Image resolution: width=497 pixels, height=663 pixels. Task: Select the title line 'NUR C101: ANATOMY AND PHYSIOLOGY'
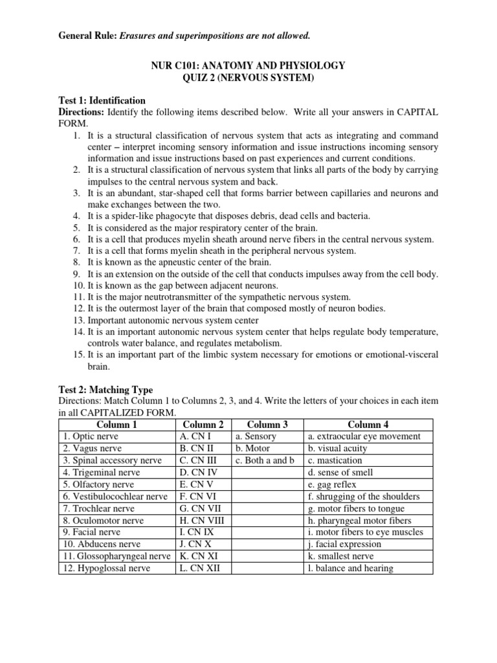(x=248, y=66)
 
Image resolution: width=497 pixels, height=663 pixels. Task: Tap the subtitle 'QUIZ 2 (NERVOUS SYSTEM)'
(x=248, y=78)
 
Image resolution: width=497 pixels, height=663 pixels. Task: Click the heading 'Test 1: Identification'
(x=102, y=101)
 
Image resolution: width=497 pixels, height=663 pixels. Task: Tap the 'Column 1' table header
(x=116, y=425)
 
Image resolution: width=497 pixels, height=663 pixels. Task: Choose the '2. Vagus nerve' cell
(x=91, y=449)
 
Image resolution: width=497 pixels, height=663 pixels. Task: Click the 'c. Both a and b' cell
(x=265, y=460)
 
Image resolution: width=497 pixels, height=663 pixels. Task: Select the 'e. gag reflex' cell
(x=332, y=484)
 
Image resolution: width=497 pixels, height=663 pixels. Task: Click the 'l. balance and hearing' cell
(x=350, y=568)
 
